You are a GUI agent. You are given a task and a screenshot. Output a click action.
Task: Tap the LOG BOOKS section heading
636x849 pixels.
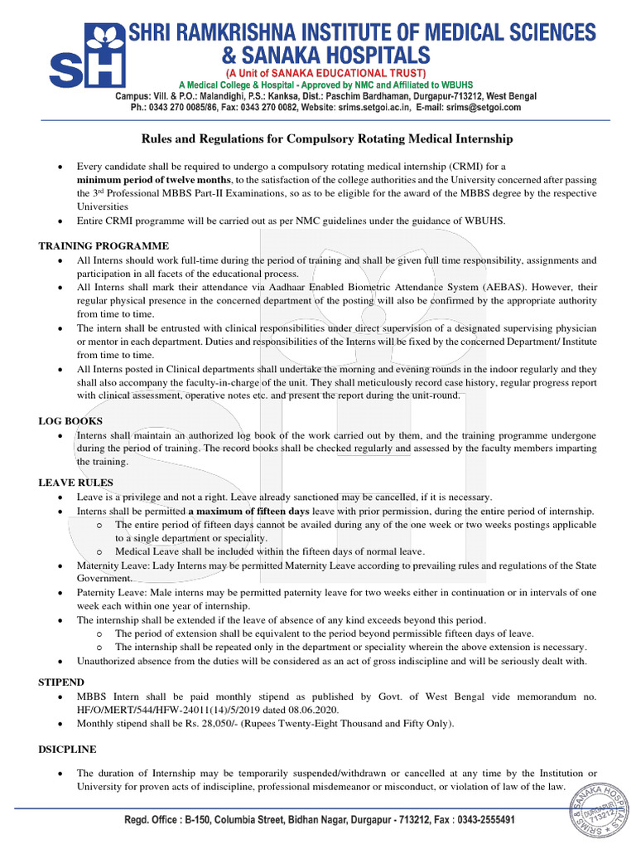click(x=70, y=421)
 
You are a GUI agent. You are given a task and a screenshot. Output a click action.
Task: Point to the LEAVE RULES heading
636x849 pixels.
click(x=76, y=482)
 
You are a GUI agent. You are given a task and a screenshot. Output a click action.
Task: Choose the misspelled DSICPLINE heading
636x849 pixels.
click(x=68, y=749)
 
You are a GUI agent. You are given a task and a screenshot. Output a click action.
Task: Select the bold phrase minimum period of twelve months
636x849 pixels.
click(x=154, y=179)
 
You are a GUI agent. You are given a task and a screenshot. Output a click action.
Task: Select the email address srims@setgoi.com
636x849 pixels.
click(x=483, y=108)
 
